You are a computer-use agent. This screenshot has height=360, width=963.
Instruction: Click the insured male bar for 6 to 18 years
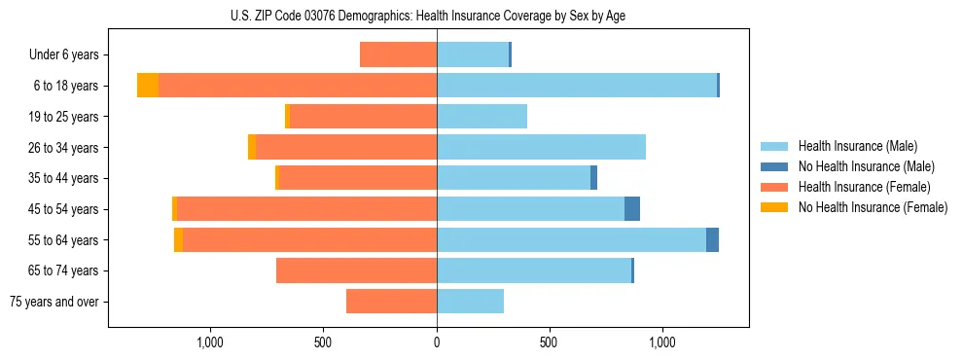tap(576, 86)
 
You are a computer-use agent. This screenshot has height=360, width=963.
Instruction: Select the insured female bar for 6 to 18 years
tap(297, 86)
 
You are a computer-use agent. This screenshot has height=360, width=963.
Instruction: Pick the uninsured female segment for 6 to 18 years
tap(148, 86)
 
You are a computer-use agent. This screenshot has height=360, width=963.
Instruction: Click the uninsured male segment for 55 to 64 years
tap(712, 239)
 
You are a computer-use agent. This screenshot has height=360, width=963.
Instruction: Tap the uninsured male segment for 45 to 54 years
tap(632, 209)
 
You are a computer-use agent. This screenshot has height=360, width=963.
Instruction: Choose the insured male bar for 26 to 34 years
tap(541, 148)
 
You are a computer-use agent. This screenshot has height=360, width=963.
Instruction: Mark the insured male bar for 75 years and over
tap(470, 302)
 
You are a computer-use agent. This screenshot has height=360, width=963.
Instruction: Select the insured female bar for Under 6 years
tap(398, 55)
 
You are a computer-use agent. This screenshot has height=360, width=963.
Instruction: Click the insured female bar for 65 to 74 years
tap(356, 270)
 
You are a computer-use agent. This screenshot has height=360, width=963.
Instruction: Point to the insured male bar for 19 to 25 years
tap(481, 117)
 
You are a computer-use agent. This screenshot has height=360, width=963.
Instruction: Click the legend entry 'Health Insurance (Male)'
tap(857, 146)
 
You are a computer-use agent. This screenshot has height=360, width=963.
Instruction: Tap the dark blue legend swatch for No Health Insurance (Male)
tap(774, 166)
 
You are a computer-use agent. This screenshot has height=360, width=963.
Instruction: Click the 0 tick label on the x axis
tap(437, 342)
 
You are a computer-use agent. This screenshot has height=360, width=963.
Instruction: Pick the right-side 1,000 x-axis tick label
tap(661, 342)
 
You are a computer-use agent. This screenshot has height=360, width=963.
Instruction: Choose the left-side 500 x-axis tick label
tap(324, 342)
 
